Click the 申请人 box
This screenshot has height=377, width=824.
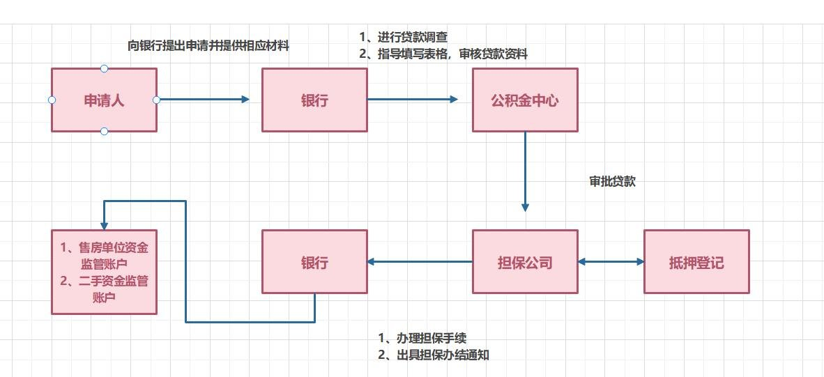pos(104,100)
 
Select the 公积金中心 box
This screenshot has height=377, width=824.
pos(525,100)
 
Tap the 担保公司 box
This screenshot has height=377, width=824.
pos(525,262)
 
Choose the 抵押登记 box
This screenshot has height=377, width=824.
pos(696,262)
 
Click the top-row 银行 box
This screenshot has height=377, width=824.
pos(314,100)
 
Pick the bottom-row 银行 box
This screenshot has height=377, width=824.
pos(314,262)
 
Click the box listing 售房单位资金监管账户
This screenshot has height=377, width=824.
pos(104,272)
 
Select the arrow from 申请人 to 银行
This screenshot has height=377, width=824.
pos(202,100)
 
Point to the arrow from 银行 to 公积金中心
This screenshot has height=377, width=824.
pos(411,100)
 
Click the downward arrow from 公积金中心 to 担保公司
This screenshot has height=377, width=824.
pos(525,171)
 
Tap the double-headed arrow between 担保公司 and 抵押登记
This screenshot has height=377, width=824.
pos(611,262)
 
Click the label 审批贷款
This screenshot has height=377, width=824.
pos(612,182)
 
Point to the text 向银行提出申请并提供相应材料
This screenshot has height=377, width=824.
pos(208,47)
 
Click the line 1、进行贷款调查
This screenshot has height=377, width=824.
pos(403,37)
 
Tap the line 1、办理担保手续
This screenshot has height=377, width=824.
pos(422,338)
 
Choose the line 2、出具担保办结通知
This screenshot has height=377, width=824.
pos(433,355)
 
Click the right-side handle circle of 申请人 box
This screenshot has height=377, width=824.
pos(156,100)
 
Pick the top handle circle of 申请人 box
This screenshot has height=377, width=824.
pos(104,68)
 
